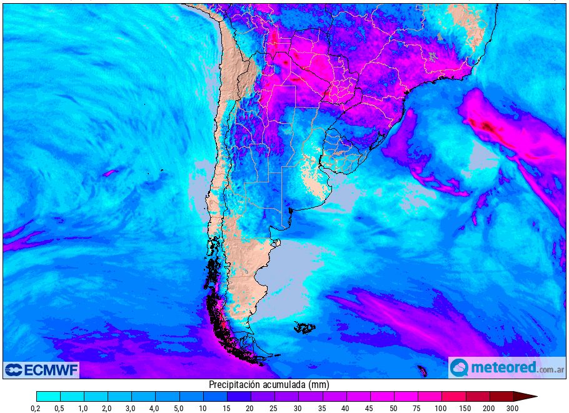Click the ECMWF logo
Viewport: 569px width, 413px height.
41,370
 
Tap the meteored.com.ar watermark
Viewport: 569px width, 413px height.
506,367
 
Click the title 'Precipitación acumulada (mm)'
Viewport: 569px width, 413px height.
269,385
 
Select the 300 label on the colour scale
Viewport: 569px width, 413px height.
513,408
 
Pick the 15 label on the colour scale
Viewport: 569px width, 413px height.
227,408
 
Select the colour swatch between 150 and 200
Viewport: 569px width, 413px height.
477,396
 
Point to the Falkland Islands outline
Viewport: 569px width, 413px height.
305,327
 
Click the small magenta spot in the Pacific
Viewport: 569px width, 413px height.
111,172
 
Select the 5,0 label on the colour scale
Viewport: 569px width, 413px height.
179,408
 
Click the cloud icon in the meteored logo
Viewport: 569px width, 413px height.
459,368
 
